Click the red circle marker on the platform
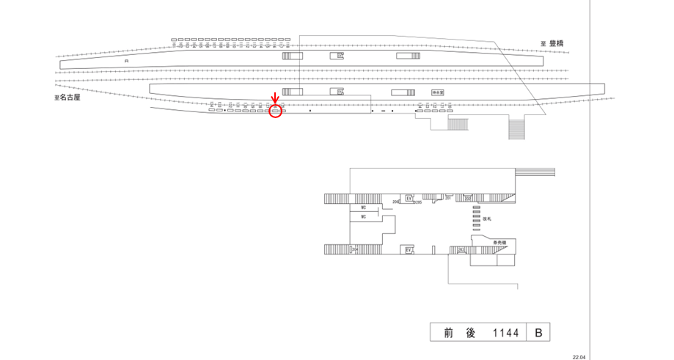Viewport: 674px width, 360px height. point(276,111)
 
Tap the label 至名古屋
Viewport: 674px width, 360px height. point(67,97)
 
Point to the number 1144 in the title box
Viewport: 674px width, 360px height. point(505,333)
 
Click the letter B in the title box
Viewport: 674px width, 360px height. point(538,333)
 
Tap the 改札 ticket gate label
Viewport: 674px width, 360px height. point(487,218)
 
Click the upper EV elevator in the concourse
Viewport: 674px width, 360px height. point(409,198)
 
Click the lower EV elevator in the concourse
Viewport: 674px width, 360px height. point(409,250)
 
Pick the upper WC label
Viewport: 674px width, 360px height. point(363,207)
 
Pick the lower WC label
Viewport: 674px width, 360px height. point(363,217)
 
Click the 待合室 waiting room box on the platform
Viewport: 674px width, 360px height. point(439,92)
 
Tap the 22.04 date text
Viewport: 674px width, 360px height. point(579,356)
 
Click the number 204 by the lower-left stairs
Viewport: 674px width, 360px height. point(354,250)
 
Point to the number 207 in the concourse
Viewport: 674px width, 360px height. point(447,198)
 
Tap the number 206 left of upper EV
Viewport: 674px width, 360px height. point(395,201)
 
